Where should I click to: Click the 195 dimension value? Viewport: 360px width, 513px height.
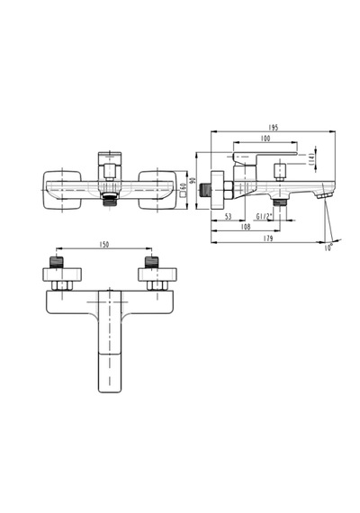(273, 127)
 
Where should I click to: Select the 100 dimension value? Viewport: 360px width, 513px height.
(265, 139)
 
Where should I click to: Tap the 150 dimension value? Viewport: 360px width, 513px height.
(104, 245)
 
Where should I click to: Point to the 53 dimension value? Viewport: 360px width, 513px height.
(228, 217)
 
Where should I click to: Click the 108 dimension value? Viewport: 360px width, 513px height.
(246, 227)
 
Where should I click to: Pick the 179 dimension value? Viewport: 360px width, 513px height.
(267, 238)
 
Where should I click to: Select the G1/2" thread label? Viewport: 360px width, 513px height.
(264, 217)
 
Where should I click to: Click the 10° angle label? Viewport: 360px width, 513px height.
(328, 247)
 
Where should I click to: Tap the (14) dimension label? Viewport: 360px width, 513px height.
(311, 159)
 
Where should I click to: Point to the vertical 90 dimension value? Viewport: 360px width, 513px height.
(193, 180)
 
